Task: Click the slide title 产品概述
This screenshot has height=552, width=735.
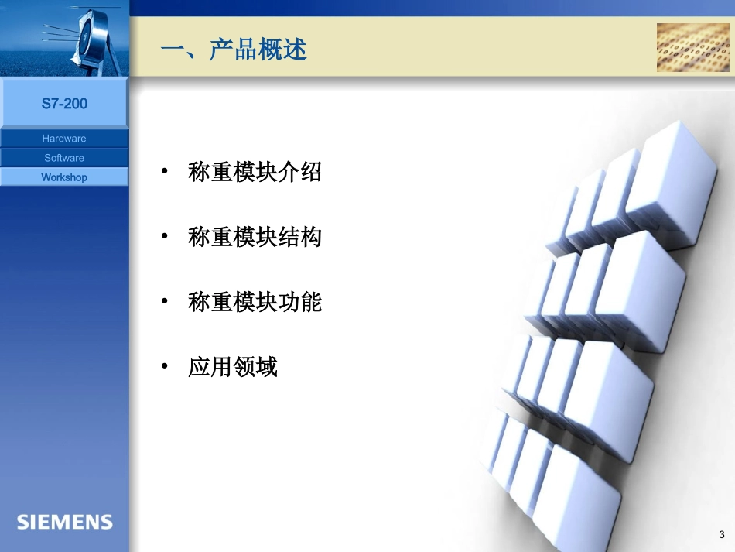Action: pos(234,50)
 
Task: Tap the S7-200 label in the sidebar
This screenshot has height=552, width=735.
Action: pos(64,104)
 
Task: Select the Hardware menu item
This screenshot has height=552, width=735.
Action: pos(64,139)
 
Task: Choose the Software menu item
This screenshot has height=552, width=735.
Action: pos(64,158)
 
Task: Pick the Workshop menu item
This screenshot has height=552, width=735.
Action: pos(64,177)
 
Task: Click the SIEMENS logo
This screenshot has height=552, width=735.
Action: pos(65,522)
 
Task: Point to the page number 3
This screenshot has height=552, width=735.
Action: pos(722,535)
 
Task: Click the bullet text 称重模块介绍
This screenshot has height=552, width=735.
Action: pos(255,172)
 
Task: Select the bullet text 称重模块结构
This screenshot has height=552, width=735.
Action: pos(255,237)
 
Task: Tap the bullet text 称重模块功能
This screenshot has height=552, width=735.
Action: pos(255,302)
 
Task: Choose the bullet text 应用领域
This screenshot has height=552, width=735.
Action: pos(232,367)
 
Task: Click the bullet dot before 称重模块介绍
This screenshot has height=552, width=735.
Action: pos(164,171)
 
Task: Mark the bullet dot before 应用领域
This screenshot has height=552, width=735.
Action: pos(164,366)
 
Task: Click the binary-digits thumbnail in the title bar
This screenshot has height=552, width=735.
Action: pos(692,47)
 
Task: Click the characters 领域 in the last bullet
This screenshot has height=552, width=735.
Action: pos(255,367)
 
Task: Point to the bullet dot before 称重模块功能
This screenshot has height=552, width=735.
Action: pos(164,301)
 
